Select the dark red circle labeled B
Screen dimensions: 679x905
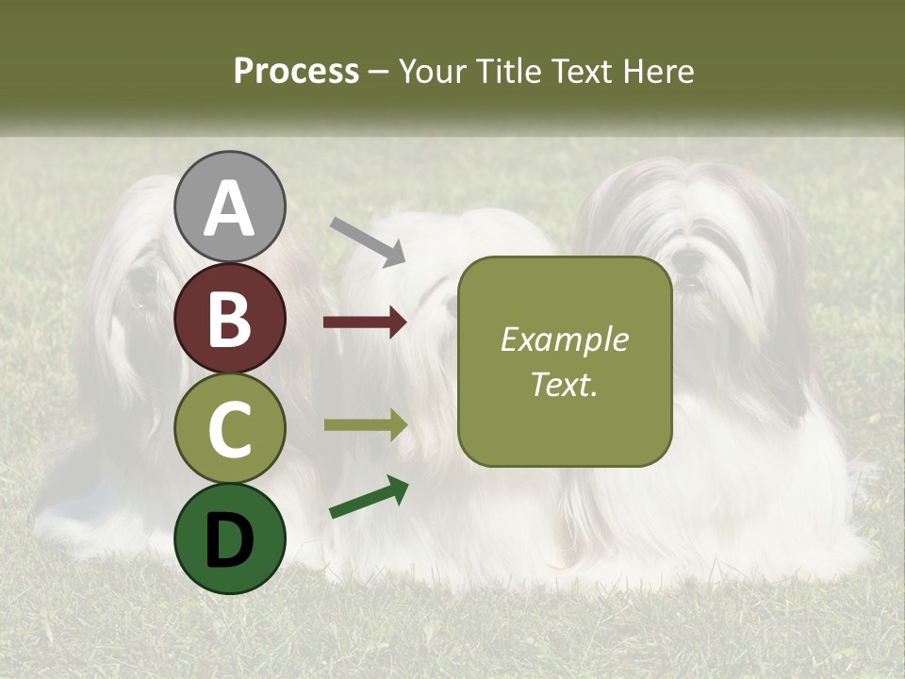230,318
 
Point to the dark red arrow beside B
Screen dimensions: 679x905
365,323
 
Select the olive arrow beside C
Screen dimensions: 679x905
365,425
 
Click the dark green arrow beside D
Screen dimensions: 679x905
369,497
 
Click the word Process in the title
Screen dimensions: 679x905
296,72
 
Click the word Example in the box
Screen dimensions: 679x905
565,339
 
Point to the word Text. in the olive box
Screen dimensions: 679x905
565,385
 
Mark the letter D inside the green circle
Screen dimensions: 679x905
230,541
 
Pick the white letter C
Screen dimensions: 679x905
230,430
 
